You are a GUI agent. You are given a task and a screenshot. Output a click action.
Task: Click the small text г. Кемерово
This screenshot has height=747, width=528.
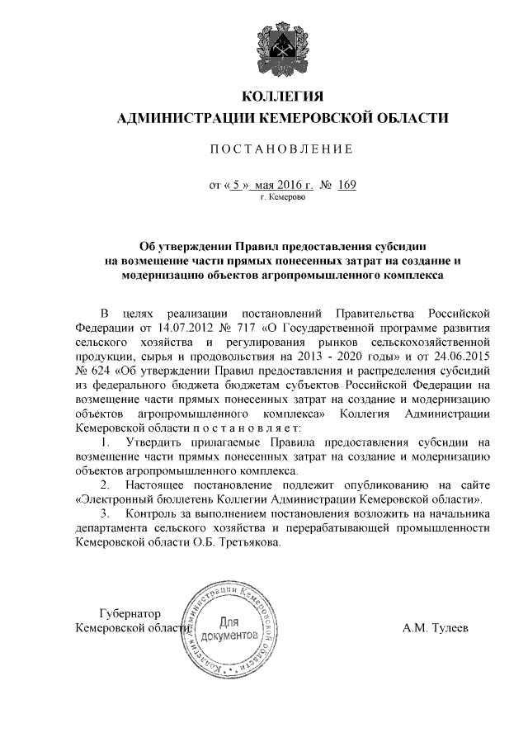(283, 199)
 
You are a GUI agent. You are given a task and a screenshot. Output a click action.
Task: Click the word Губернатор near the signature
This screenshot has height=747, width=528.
(129, 614)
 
